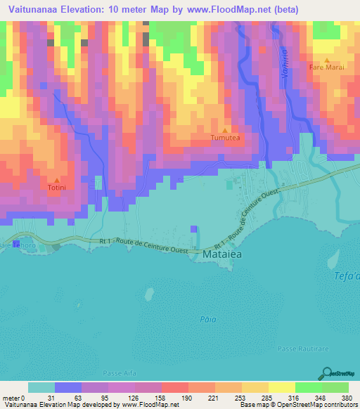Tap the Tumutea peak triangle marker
click(225, 131)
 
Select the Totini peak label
click(57, 188)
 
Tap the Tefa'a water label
click(346, 276)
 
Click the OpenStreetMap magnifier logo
click(328, 373)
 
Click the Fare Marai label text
click(327, 67)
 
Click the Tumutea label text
click(226, 138)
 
